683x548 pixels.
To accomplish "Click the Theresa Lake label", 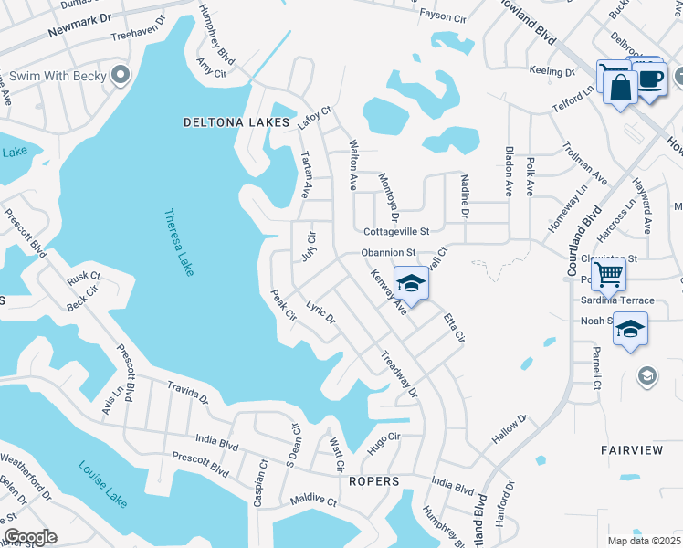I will coord(179,243).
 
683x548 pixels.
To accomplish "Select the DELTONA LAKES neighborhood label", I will coord(236,121).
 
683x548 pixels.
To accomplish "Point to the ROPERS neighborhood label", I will coord(374,480).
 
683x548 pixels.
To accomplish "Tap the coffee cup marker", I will coord(650,81).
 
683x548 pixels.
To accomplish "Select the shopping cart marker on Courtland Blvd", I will coord(607,273).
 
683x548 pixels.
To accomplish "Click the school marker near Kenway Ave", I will coord(411,284).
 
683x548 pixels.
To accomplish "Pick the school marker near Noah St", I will coord(630,330).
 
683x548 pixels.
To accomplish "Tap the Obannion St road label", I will coord(388,252).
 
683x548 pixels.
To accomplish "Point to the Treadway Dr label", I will coord(398,374).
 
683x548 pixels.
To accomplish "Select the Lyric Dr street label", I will coord(321,312).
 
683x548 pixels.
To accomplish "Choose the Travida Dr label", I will coord(187,394).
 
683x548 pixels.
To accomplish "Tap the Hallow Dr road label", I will coord(510,429).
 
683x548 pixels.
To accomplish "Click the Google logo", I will coord(31,537).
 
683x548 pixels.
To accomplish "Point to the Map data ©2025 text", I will coord(643,541).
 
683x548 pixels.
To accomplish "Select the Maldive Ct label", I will coord(314,501).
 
